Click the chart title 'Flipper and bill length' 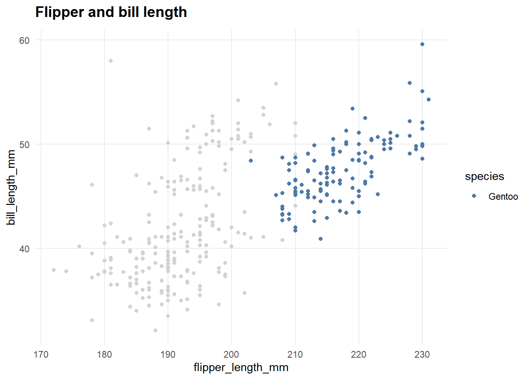[111, 12]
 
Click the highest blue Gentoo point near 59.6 [422, 44]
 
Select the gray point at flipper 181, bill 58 [111, 61]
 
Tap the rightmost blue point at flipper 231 [429, 99]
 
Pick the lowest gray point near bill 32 [155, 330]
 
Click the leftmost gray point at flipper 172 [54, 270]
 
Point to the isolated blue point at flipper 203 [251, 161]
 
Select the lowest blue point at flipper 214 [321, 239]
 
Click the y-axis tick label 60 [24, 40]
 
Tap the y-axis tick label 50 [24, 144]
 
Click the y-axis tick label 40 [24, 249]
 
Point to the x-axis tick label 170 [41, 355]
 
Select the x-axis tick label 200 [231, 355]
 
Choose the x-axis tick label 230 [422, 355]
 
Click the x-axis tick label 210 [295, 355]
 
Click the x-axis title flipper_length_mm [241, 368]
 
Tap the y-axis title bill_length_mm [11, 188]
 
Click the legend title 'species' [484, 176]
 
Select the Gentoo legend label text [503, 197]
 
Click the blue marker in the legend [474, 196]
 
